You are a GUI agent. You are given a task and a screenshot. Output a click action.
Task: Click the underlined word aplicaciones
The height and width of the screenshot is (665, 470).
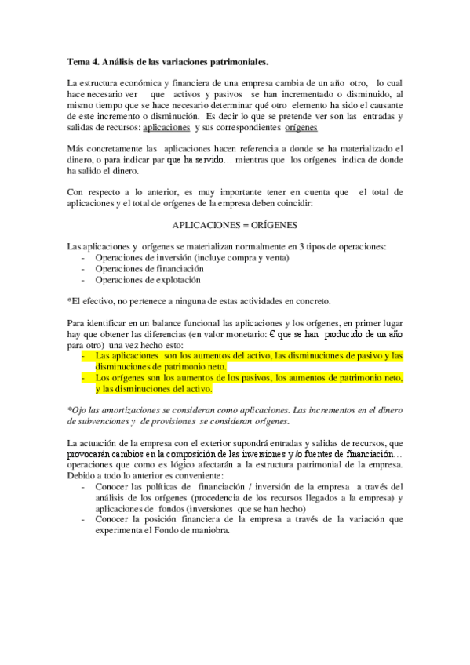point(166,127)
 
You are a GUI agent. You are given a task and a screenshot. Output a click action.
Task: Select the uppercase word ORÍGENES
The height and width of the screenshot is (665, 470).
point(275,225)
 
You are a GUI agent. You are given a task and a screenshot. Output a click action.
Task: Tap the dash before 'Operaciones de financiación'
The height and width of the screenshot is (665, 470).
point(84,268)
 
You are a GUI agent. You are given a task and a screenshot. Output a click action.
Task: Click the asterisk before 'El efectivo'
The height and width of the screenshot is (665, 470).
point(70,300)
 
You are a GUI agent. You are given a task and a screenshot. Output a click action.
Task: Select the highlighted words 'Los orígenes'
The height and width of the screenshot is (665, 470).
point(120,377)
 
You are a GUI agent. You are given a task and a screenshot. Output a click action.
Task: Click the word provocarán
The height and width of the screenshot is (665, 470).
point(92,454)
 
